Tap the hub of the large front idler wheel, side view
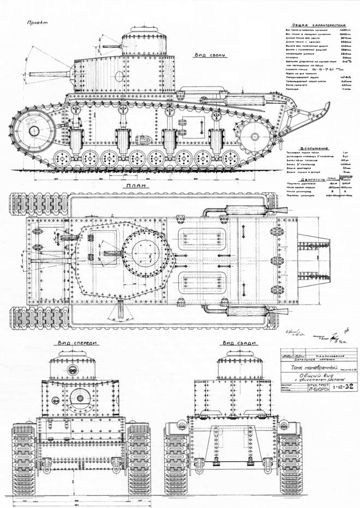(33, 130)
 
